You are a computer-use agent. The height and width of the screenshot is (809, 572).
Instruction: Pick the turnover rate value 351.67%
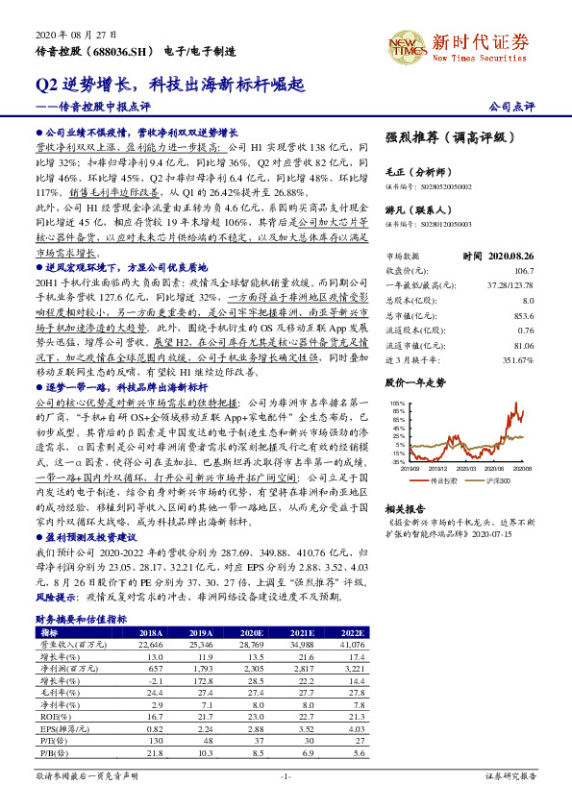coord(515,360)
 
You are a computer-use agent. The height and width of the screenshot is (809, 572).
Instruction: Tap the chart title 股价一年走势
coord(415,381)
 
